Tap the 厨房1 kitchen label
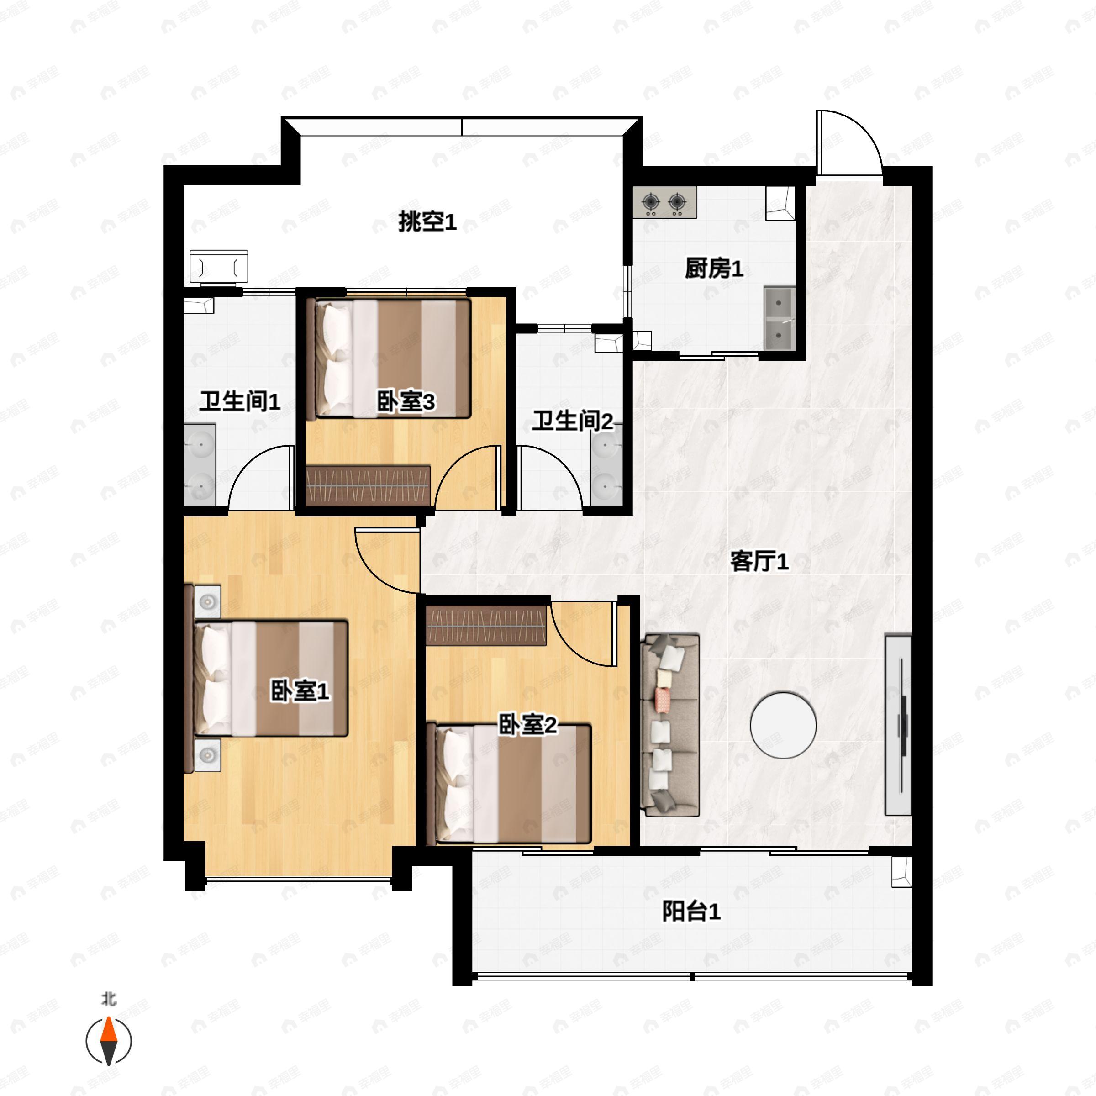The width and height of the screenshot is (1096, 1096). [x=714, y=269]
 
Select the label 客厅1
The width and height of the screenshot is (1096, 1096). [x=759, y=562]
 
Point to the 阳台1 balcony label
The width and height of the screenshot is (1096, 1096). [x=691, y=911]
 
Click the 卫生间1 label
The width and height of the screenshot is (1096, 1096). [x=239, y=402]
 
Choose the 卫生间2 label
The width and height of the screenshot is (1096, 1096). [x=572, y=421]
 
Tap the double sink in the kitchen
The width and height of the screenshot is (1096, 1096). [x=780, y=319]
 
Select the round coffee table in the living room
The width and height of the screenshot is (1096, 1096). [x=783, y=725]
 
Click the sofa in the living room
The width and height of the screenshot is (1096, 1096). [x=670, y=726]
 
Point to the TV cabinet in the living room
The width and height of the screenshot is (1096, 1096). [x=899, y=726]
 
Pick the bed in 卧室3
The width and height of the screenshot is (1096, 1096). [x=389, y=358]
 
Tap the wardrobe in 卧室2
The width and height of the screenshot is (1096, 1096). [x=486, y=625]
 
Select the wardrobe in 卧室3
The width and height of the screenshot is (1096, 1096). [x=368, y=485]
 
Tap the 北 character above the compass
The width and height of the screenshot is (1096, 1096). [x=108, y=998]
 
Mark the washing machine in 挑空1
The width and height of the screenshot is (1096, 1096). [x=218, y=267]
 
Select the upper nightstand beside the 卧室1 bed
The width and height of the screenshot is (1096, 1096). [x=208, y=601]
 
